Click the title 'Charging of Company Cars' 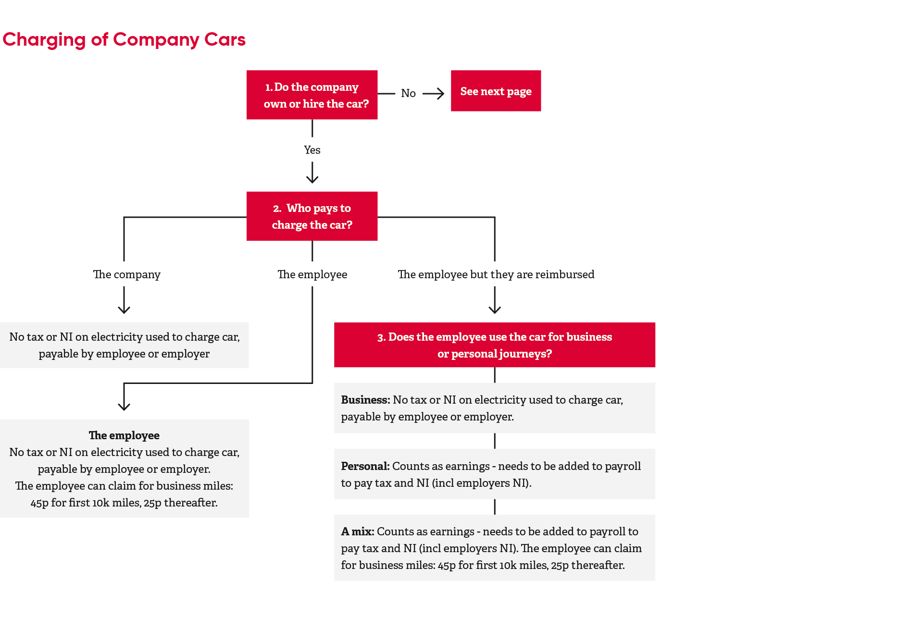(124, 39)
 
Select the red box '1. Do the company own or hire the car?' (312, 95)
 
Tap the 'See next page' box (496, 91)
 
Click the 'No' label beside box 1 (408, 93)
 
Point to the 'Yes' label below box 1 (312, 150)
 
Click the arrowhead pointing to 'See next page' (439, 93)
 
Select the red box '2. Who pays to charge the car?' (312, 216)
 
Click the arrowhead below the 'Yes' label (312, 179)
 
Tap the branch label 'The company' (126, 274)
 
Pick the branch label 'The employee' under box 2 (312, 274)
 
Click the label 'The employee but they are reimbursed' (496, 274)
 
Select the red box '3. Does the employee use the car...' (494, 345)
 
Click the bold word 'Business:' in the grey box (365, 400)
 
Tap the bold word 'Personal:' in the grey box (365, 466)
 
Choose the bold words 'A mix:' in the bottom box (357, 531)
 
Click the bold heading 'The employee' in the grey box (124, 435)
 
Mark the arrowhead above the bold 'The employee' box (124, 406)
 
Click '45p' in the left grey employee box (39, 503)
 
